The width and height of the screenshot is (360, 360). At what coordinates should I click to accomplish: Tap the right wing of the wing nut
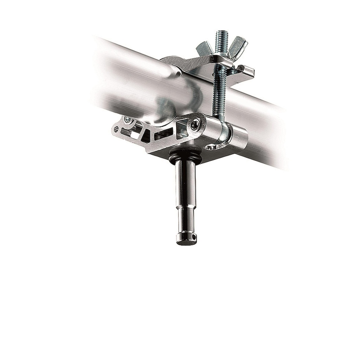240,44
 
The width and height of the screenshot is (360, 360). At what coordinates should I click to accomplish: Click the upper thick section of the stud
184,183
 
